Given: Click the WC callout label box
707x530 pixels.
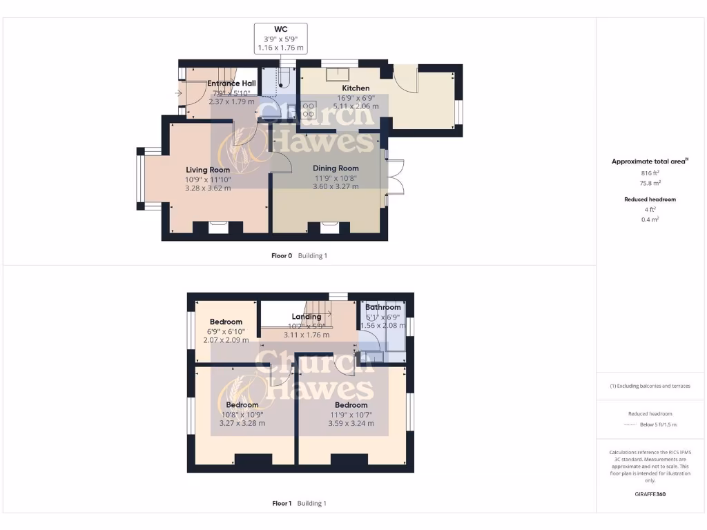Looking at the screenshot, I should [280, 38].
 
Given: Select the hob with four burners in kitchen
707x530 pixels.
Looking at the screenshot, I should [309, 110].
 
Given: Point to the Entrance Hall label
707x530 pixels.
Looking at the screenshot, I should [231, 84].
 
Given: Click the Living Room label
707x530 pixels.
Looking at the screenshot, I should [208, 170].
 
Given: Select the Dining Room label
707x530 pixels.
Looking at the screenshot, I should [336, 168].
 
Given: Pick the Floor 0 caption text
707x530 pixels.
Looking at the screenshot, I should [282, 255].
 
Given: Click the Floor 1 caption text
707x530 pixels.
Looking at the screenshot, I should [282, 503].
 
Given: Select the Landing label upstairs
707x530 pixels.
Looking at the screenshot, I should [306, 317].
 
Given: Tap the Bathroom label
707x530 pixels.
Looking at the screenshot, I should [382, 307].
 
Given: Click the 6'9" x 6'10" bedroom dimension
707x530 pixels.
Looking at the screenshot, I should [226, 331].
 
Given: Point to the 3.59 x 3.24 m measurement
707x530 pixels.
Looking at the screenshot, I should [351, 423].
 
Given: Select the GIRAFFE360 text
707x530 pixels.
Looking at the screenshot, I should [650, 494].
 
